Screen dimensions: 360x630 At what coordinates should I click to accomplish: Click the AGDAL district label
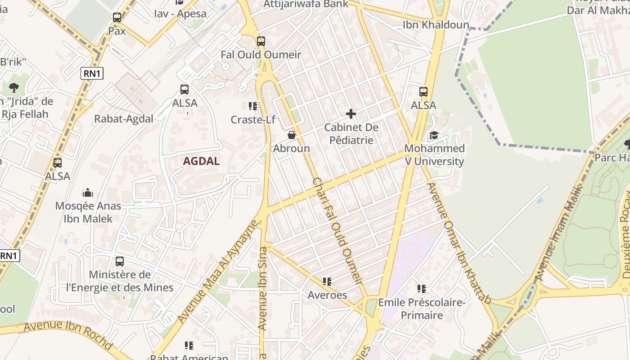pos(201,161)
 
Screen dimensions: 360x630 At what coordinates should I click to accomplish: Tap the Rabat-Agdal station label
pos(124,119)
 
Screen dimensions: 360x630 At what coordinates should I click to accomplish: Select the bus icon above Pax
pos(117,18)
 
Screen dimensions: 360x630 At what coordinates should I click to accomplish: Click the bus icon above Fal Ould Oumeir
pos(261,41)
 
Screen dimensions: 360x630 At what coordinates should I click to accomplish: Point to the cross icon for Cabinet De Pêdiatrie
pos(351,114)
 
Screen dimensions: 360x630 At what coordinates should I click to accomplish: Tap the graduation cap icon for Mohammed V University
pos(434,135)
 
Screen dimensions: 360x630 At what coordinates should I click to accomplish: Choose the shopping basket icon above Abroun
pos(292,135)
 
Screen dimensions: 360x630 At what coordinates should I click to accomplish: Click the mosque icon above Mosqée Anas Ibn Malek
pos(88,193)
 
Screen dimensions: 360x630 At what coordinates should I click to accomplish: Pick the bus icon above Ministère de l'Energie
pos(120,261)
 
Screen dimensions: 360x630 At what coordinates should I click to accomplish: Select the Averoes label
pos(327,295)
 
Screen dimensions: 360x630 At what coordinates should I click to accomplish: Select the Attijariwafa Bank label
pos(306,4)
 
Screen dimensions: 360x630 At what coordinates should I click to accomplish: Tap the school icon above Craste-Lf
pos(253,106)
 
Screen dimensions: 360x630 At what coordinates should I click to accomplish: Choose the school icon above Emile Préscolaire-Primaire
pos(422,288)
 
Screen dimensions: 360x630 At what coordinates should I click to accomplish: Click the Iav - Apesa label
pos(180,13)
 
